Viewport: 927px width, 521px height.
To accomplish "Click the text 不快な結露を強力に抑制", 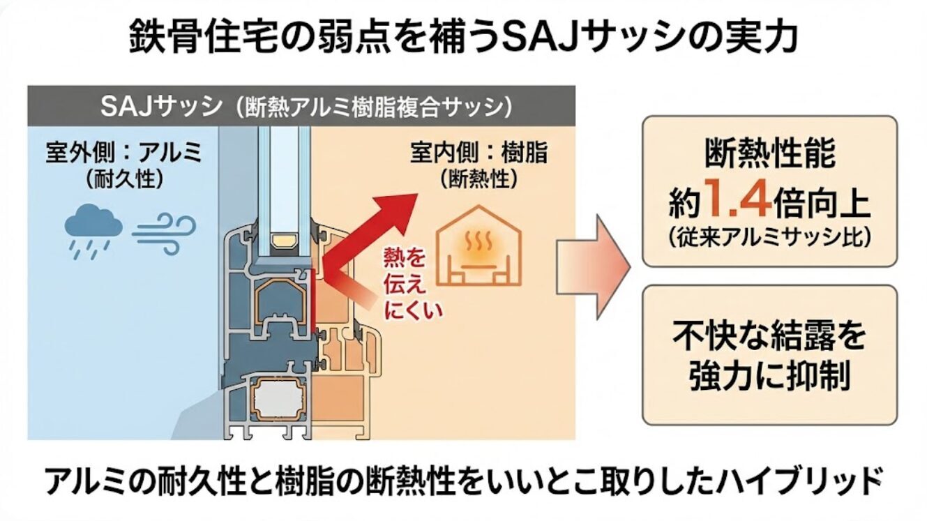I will (x=769, y=356).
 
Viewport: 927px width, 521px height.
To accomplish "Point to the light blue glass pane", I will (x=283, y=174).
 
